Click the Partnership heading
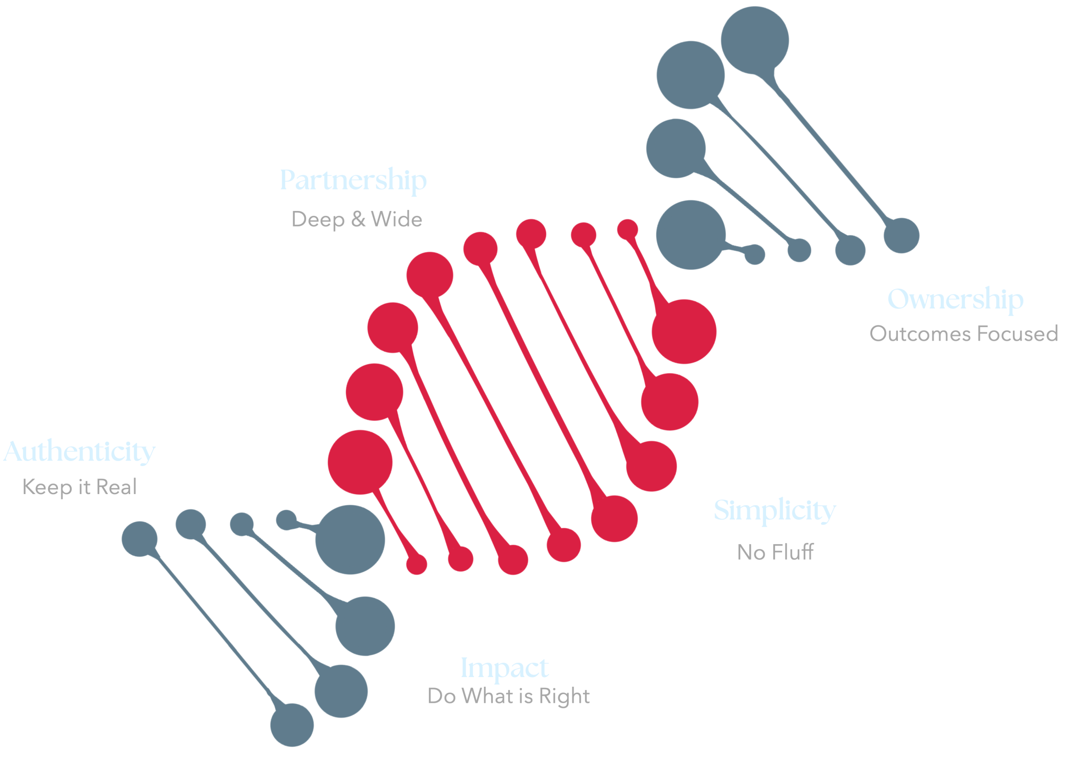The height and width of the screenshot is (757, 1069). click(x=353, y=180)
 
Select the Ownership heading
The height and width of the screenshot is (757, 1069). click(x=955, y=299)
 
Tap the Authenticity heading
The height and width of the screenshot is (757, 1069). click(x=79, y=452)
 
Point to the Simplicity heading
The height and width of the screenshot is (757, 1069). click(x=775, y=511)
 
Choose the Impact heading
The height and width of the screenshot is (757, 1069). click(x=504, y=668)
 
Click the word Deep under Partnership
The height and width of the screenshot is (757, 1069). click(x=318, y=219)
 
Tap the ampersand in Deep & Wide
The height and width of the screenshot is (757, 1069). click(x=358, y=219)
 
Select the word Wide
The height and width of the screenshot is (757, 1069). click(x=396, y=219)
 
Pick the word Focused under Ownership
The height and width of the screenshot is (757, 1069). click(x=1017, y=334)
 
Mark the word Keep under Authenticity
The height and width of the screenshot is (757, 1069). click(x=47, y=487)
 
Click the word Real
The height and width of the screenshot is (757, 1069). click(x=116, y=487)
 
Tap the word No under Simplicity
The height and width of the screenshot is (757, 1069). click(x=751, y=552)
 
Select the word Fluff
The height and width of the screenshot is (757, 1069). click(x=793, y=552)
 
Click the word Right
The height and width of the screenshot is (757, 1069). click(x=564, y=696)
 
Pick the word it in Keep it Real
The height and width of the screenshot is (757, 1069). click(x=84, y=487)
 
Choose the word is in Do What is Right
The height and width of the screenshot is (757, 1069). click(x=526, y=696)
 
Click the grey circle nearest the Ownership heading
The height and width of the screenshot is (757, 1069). click(x=901, y=235)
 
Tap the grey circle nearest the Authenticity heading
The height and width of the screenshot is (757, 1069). click(x=139, y=539)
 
